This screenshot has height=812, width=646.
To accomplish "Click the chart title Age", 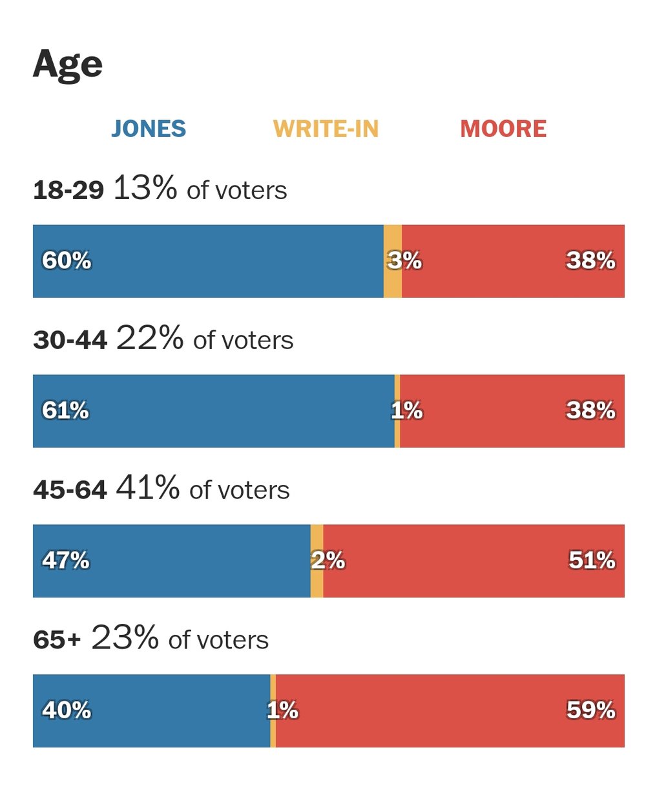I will pyautogui.click(x=68, y=65).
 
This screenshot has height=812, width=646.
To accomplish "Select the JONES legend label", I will pyautogui.click(x=149, y=129).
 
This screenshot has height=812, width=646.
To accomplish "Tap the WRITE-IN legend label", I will pyautogui.click(x=326, y=129).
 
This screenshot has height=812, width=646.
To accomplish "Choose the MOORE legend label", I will pyautogui.click(x=503, y=129).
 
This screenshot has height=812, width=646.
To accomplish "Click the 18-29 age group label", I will pyautogui.click(x=68, y=191).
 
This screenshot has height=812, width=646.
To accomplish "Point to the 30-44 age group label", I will pyautogui.click(x=70, y=340).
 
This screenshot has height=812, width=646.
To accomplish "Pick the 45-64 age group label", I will pyautogui.click(x=70, y=490).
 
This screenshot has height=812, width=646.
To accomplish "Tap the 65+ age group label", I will pyautogui.click(x=57, y=640).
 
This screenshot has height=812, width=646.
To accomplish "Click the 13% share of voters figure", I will pyautogui.click(x=145, y=188).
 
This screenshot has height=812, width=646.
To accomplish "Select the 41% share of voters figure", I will pyautogui.click(x=148, y=487).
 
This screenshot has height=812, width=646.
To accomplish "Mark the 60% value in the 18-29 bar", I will pyautogui.click(x=67, y=261).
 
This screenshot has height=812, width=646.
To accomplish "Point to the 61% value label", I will pyautogui.click(x=65, y=411).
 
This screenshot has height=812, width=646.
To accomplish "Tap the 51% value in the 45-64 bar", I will pyautogui.click(x=592, y=560).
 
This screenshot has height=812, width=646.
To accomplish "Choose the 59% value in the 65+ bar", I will pyautogui.click(x=591, y=710).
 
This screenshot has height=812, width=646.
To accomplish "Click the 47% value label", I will pyautogui.click(x=66, y=560).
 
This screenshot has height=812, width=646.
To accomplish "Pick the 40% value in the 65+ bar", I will pyautogui.click(x=67, y=710).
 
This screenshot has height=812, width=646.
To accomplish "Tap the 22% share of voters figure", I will pyautogui.click(x=150, y=337).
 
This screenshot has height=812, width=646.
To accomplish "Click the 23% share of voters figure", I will pyautogui.click(x=125, y=637).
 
